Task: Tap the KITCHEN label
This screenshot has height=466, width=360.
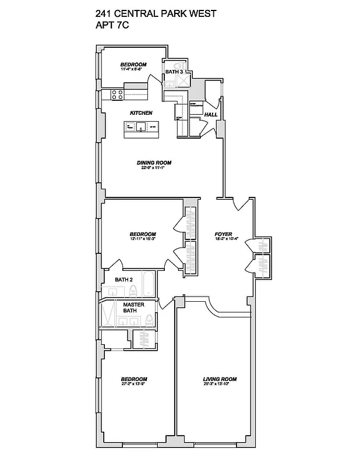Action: (141, 112)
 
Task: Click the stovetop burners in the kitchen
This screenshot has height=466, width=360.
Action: (116, 94)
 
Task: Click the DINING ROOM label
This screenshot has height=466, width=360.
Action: (155, 163)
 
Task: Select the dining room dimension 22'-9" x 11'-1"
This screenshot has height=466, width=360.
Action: (155, 168)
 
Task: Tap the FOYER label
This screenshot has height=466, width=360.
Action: (223, 234)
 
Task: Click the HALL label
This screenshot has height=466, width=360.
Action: (210, 115)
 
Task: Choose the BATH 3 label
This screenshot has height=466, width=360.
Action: (174, 72)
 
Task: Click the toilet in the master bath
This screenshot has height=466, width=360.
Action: (150, 319)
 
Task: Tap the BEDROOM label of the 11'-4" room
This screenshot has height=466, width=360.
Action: (133, 65)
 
